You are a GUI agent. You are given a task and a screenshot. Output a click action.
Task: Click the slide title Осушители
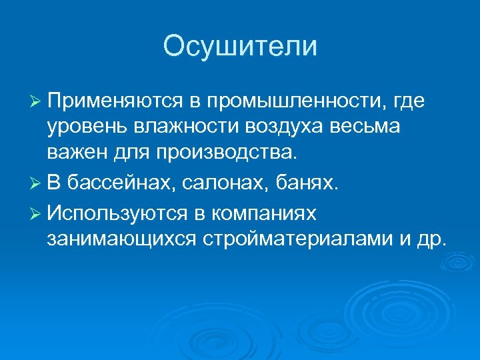(x=240, y=47)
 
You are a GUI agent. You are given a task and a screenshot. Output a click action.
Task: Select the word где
(x=410, y=101)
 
